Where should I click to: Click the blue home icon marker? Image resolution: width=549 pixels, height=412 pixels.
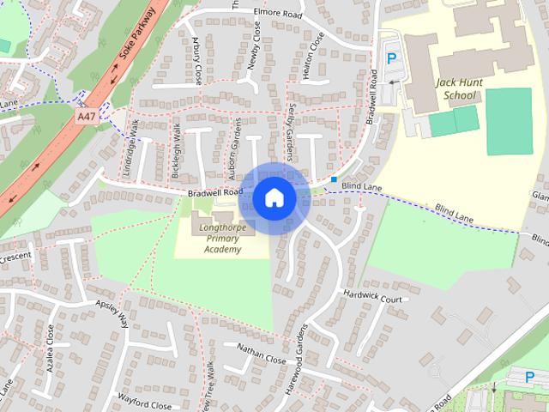coord(274,197)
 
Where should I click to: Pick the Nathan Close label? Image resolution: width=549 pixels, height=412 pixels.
coord(262,353)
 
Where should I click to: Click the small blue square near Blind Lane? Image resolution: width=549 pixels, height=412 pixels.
coord(334,179)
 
